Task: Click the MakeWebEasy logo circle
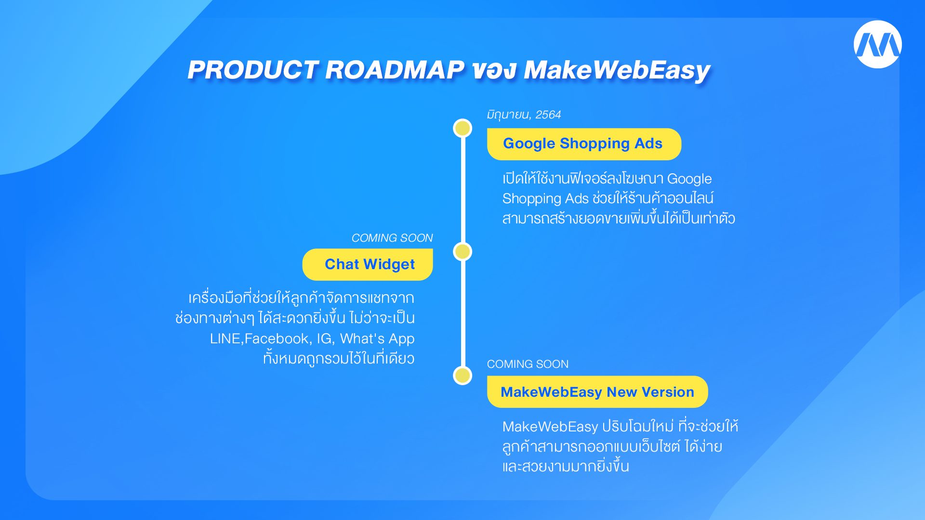[x=877, y=44]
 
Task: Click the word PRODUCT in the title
[x=253, y=70]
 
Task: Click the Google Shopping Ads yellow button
[x=584, y=144]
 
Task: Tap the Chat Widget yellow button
[x=368, y=264]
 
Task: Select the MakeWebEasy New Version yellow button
[x=597, y=392]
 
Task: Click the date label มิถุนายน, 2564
[x=524, y=115]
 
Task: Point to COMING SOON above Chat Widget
[x=392, y=238]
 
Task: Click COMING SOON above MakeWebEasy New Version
[x=528, y=364]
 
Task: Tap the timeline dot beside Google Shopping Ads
[x=462, y=128]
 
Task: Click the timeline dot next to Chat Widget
[x=462, y=251]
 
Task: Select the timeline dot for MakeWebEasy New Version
[x=462, y=376]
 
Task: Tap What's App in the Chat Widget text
[x=377, y=339]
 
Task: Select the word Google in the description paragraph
[x=689, y=179]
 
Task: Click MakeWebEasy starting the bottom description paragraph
[x=550, y=427]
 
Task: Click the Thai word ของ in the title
[x=494, y=70]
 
